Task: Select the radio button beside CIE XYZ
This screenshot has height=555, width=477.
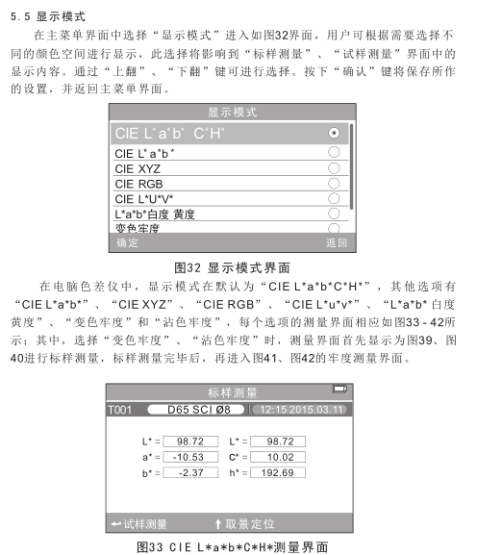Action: point(334,167)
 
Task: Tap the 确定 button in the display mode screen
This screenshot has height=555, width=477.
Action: point(127,243)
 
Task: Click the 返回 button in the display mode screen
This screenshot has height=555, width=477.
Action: point(336,243)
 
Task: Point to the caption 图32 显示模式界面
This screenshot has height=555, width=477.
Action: point(233,266)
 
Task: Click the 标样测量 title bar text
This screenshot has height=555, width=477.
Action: point(233,392)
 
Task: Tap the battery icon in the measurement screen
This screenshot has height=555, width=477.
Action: point(339,390)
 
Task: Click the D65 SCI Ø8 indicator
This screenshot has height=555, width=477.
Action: point(192,410)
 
